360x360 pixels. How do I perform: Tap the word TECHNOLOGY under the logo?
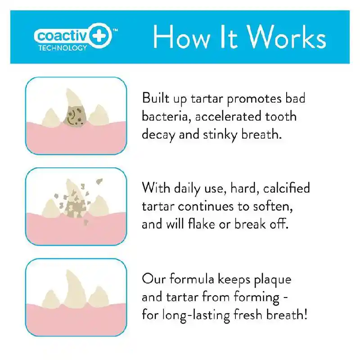tap(63, 48)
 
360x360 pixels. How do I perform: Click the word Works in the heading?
tap(287, 37)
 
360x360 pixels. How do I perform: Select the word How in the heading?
tap(182, 37)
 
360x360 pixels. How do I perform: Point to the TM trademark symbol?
tap(115, 30)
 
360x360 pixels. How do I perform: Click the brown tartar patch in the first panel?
tap(74, 117)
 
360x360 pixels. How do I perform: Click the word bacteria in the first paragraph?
tap(166, 117)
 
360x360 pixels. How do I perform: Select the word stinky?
tap(220, 134)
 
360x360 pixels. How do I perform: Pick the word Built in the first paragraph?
tap(156, 98)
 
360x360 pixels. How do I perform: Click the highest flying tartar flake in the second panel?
tap(99, 182)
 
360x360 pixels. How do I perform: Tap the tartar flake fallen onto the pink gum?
tap(85, 222)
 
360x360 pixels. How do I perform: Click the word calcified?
tap(287, 188)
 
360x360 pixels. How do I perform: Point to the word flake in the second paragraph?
tap(201, 224)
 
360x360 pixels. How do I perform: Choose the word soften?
tap(273, 206)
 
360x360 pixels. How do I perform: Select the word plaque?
tap(273, 280)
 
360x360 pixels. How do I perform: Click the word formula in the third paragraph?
tap(192, 279)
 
